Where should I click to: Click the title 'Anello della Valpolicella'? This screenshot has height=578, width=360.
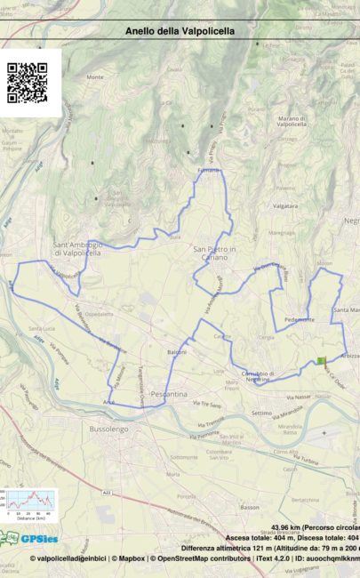tap(180, 30)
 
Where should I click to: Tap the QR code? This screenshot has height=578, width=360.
tap(27, 83)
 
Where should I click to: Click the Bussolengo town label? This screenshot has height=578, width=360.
tap(108, 429)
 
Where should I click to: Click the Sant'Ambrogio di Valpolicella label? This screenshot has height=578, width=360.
tap(78, 248)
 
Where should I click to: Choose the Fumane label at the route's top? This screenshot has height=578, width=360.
tap(208, 169)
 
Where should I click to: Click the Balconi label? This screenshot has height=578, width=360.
tap(176, 352)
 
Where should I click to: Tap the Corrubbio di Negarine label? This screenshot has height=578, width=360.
tap(257, 376)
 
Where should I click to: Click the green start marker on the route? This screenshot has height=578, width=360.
tap(321, 360)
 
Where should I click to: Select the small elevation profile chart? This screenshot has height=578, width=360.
tap(28, 503)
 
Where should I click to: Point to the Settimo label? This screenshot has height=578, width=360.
tap(261, 413)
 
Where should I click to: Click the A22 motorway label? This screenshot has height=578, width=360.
tap(108, 489)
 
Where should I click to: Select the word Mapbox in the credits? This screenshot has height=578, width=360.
tap(131, 558)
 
